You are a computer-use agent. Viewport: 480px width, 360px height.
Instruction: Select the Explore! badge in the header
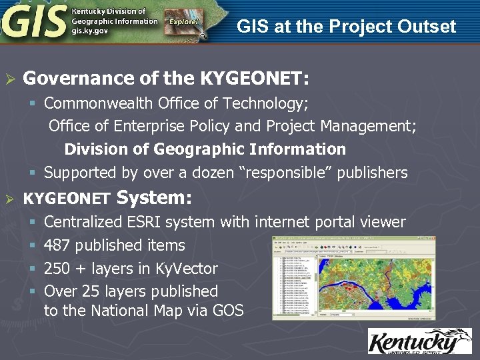click(183, 21)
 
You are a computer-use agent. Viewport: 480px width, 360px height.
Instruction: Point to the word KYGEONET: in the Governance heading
click(254, 79)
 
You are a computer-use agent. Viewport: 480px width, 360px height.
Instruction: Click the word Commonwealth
click(98, 103)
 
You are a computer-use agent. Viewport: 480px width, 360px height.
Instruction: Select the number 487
click(57, 245)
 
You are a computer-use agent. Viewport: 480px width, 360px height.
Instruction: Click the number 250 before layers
click(57, 269)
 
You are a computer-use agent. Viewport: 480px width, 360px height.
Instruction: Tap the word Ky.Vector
click(186, 269)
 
